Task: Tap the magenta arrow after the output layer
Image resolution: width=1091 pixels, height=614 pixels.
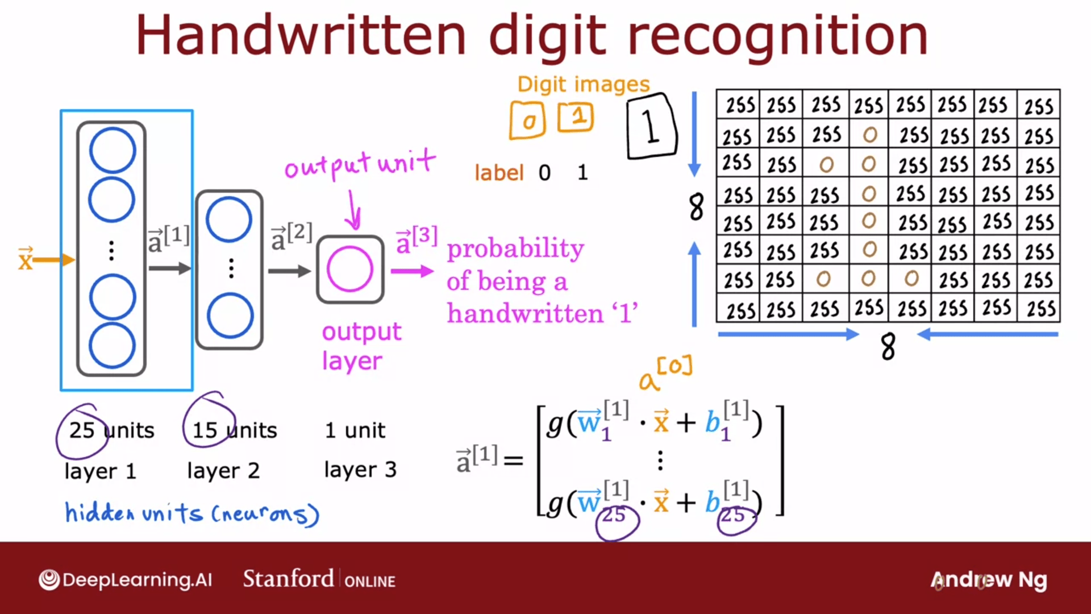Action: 413,271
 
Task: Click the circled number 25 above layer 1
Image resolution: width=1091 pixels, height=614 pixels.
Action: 82,430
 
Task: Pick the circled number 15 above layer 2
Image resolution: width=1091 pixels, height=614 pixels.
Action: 205,430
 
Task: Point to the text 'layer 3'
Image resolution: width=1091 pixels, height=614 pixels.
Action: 360,470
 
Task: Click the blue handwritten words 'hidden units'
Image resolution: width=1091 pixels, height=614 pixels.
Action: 134,513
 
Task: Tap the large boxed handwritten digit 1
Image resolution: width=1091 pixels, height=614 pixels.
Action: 651,126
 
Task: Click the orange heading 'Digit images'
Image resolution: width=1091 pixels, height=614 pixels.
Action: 584,85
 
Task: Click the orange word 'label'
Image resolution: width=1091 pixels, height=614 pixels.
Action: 499,172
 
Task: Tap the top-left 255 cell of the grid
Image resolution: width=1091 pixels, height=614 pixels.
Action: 740,105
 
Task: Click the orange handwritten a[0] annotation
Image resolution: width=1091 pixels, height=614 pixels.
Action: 665,372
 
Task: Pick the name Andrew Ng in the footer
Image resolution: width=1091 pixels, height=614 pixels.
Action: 989,580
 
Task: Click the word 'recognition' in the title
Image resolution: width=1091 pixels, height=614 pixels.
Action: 777,36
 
